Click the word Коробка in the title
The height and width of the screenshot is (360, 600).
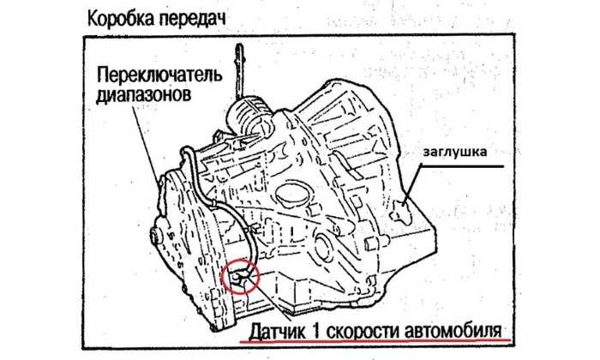click(x=120, y=18)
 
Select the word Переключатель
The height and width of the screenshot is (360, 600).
click(x=159, y=75)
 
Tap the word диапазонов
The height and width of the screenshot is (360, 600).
click(x=143, y=94)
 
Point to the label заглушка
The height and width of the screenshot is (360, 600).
click(x=454, y=152)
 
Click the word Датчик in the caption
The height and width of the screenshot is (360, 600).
click(x=278, y=331)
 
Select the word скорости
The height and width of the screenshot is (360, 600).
click(x=362, y=331)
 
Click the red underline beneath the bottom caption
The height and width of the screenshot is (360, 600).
click(x=375, y=340)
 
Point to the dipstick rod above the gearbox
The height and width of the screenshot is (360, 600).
click(x=240, y=72)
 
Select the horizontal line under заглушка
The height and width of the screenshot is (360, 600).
click(x=462, y=166)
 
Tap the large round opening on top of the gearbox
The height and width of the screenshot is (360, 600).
click(x=290, y=194)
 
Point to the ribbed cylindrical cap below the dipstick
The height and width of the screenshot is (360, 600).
click(x=250, y=115)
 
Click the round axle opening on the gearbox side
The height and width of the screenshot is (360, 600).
click(x=323, y=247)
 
